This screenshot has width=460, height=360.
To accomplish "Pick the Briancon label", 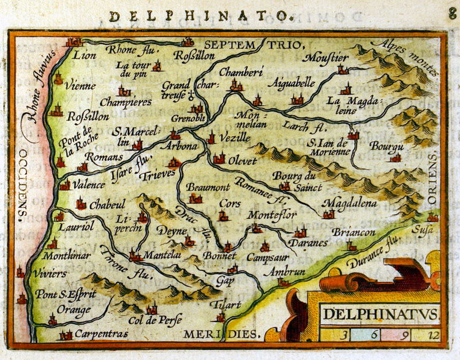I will (354, 232).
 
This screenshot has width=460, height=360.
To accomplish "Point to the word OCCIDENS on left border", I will (22, 184).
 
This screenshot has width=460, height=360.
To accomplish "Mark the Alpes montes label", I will (405, 58).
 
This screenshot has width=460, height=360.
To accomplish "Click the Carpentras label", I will (99, 334).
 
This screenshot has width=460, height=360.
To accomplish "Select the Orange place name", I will (74, 310).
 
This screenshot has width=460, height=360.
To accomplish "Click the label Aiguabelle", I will (294, 83).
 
